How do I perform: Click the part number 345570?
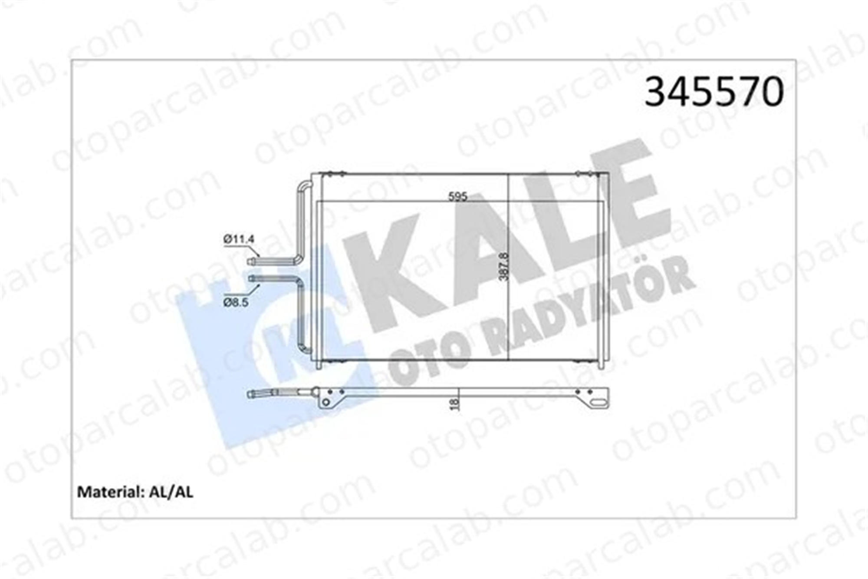714,92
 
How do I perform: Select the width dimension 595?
458,197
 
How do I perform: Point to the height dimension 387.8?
503,267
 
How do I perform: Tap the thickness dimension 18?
454,404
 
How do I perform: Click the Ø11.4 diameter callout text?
239,239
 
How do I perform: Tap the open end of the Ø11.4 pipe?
249,261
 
